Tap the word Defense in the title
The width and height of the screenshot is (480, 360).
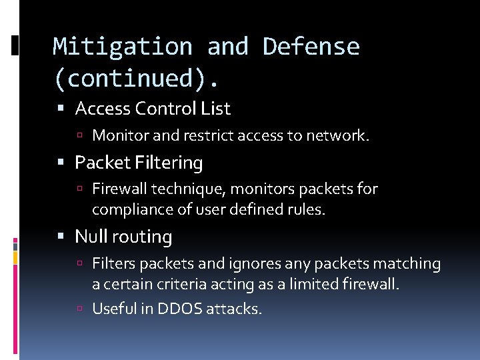click(311, 47)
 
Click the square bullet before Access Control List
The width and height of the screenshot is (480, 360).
click(61, 109)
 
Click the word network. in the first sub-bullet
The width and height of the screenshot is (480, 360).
click(337, 136)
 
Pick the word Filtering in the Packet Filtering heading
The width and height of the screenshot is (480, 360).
click(169, 163)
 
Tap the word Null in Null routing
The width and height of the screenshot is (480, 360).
click(89, 237)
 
